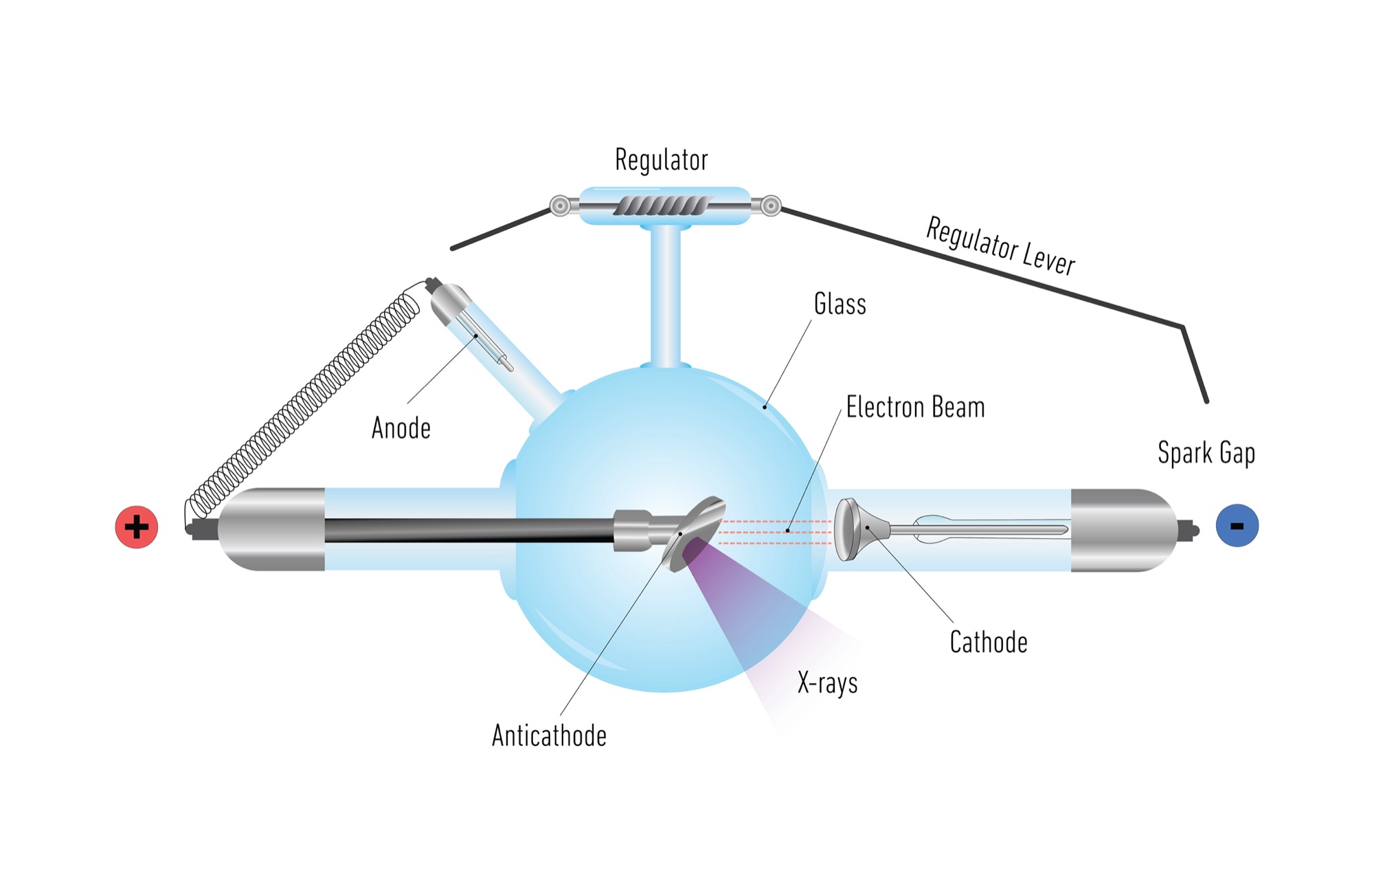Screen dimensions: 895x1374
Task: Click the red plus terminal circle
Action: click(x=137, y=527)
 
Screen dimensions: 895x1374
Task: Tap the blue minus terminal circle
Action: click(x=1237, y=526)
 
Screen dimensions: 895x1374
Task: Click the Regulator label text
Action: click(x=661, y=160)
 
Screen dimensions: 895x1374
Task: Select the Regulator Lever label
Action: click(x=1000, y=246)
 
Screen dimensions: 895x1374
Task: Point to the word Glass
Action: click(x=840, y=304)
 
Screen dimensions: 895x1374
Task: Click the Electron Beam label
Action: click(x=915, y=408)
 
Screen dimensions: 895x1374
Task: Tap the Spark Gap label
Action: click(x=1206, y=453)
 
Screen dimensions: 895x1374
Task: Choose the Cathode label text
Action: click(x=989, y=643)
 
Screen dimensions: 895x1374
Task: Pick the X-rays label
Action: click(x=828, y=683)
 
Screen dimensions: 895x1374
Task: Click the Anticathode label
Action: click(x=549, y=736)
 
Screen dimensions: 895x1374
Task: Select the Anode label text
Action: click(x=401, y=428)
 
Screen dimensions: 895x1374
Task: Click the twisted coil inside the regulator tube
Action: click(x=660, y=206)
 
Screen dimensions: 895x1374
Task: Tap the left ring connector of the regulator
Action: click(x=561, y=206)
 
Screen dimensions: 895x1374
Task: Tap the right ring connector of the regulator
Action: click(x=771, y=206)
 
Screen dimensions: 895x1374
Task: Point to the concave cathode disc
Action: click(x=848, y=529)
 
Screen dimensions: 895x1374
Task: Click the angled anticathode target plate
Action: click(x=694, y=533)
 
